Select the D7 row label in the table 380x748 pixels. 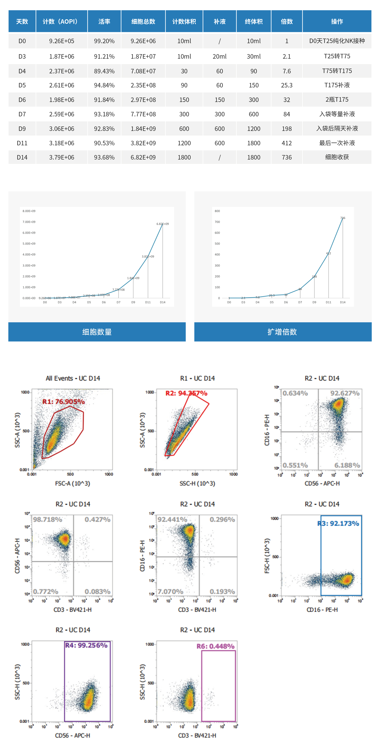click(22, 114)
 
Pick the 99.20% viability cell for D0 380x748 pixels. click(104, 41)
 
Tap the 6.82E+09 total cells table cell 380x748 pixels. click(143, 157)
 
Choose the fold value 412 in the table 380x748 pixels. click(286, 143)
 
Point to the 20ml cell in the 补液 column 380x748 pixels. click(219, 56)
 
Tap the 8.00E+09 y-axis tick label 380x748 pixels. click(29, 211)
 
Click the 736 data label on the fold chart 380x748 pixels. click(343, 218)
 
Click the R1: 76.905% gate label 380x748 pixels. click(64, 402)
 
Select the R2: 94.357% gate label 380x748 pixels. click(186, 393)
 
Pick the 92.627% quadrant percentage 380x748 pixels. click(345, 393)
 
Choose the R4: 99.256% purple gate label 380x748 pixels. click(86, 645)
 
